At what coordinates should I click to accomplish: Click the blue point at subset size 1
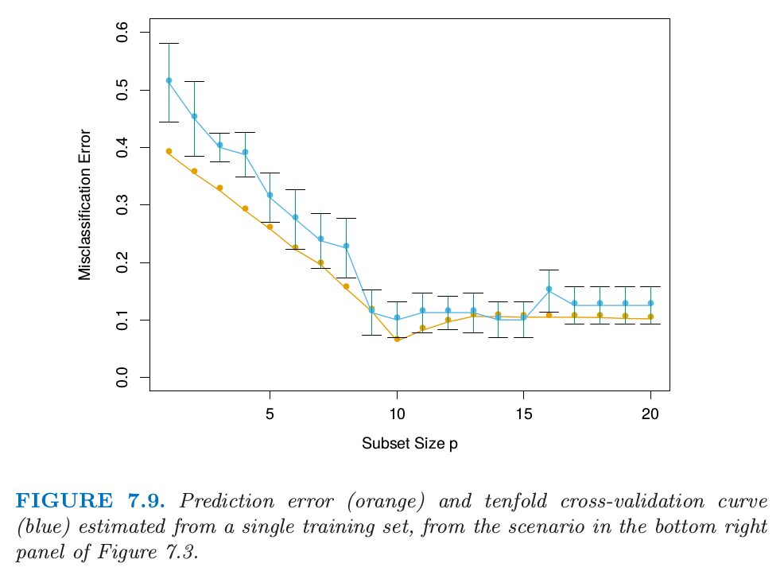point(169,80)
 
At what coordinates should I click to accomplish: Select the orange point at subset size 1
point(169,151)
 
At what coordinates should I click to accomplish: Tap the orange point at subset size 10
point(397,339)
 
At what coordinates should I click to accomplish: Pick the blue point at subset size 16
point(549,289)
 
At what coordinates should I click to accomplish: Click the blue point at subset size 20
point(650,303)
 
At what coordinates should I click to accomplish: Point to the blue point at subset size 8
point(346,247)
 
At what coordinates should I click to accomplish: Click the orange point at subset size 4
point(245,209)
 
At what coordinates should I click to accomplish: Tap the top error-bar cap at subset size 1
point(169,43)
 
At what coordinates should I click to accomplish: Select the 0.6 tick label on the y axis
point(122,32)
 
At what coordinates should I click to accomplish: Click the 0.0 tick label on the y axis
point(122,377)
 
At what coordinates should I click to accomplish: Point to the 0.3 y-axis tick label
point(122,204)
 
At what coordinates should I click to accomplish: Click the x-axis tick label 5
point(270,414)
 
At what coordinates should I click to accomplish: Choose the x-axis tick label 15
point(523,414)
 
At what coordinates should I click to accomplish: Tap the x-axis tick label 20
point(650,414)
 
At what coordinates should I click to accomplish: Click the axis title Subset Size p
point(409,444)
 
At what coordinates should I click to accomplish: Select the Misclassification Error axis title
point(85,204)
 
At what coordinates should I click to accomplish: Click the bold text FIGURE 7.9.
point(91,501)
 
